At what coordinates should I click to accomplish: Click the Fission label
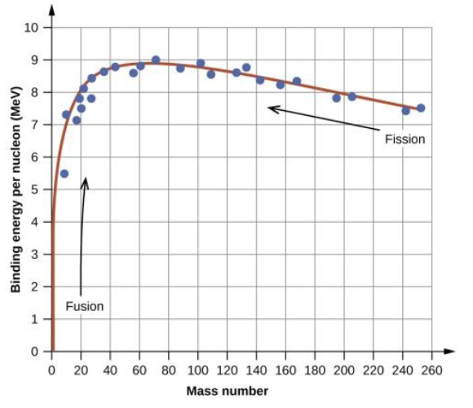(x=405, y=140)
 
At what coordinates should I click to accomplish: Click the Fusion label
(x=85, y=307)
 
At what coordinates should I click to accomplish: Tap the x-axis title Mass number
(x=227, y=391)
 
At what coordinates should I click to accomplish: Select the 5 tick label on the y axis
(x=35, y=190)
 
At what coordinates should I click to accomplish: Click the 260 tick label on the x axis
(x=431, y=369)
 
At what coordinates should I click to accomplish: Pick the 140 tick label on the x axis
(x=256, y=369)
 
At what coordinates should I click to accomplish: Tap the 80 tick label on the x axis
(x=169, y=369)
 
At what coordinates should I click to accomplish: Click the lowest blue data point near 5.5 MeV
(x=64, y=174)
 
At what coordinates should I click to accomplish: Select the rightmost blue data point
(x=421, y=108)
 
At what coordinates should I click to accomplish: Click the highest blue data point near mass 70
(x=156, y=60)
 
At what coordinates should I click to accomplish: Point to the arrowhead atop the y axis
(x=52, y=10)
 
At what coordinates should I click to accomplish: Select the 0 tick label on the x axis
(x=52, y=369)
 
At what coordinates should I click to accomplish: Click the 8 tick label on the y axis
(x=35, y=93)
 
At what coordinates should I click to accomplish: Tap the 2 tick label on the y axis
(x=35, y=287)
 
